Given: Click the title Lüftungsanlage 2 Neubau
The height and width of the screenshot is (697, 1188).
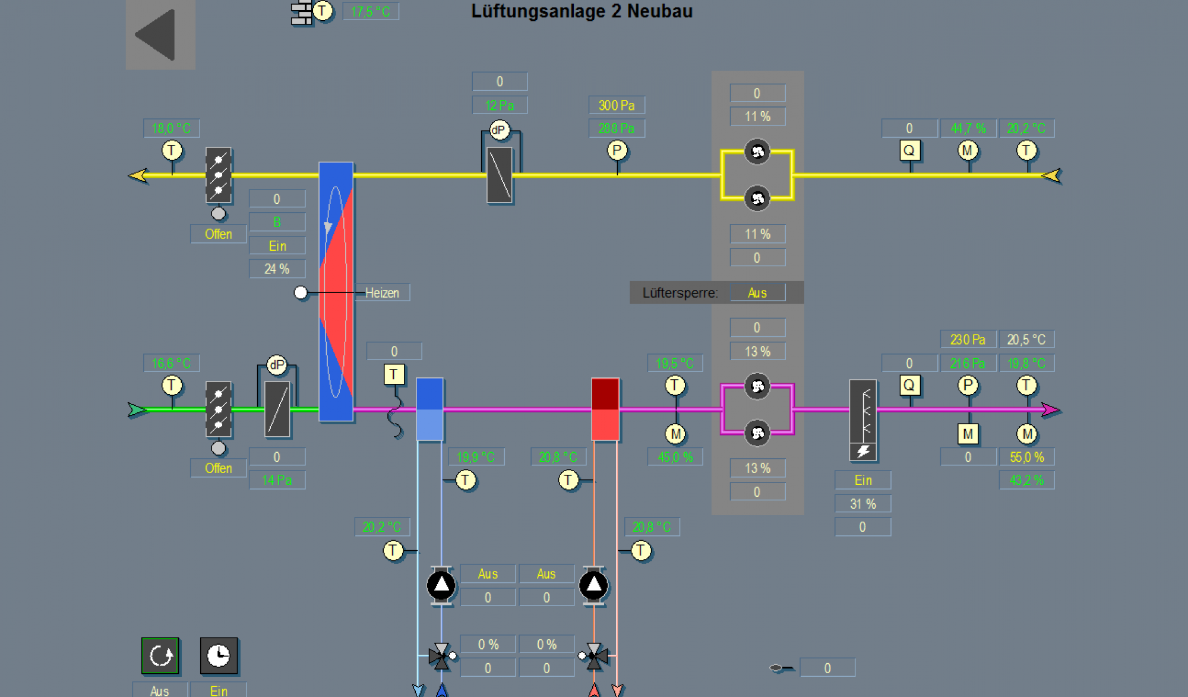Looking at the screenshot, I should point(582,11).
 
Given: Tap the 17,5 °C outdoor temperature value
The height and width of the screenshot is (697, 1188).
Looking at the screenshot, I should point(371,12).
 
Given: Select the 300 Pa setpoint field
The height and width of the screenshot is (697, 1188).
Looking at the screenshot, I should point(617,105).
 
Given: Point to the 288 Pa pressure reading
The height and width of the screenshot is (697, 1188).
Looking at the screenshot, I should point(617,128).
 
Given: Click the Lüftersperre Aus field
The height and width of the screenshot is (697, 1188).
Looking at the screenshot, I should point(757,293).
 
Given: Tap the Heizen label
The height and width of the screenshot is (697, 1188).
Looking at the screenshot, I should point(382,293).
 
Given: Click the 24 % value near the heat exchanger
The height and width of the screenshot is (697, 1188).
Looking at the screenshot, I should point(277,269).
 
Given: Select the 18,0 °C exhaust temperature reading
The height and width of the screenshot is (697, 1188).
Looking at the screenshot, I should point(171,128).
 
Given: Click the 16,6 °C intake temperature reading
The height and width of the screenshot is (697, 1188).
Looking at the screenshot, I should point(171,363).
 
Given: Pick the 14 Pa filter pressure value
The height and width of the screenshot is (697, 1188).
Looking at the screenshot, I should point(277,480).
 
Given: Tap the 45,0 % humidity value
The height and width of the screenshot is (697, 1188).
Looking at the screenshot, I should point(675,457).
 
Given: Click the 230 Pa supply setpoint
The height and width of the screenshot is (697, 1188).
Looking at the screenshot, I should point(968,340).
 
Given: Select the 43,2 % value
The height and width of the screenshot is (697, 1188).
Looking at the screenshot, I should point(1026,480).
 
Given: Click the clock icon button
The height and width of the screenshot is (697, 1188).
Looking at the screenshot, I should point(219,656).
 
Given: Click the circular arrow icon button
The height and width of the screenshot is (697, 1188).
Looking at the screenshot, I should point(160,656).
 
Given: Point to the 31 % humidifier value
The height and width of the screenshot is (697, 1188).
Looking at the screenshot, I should point(862,504).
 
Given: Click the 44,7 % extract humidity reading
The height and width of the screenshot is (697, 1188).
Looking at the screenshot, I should point(968,128).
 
